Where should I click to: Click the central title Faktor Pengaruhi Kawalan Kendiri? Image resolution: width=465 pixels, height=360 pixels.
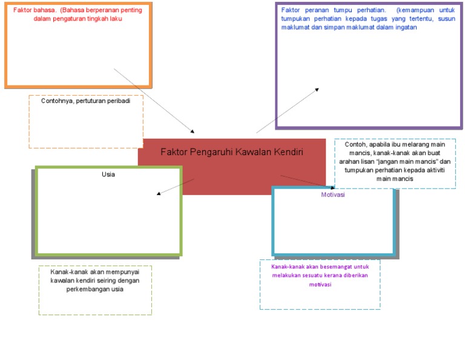(x=231, y=152)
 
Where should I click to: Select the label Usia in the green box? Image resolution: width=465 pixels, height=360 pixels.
(x=108, y=175)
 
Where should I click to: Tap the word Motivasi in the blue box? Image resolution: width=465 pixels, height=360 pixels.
(x=333, y=195)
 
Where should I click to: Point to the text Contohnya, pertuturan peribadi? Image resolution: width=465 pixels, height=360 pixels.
(x=85, y=101)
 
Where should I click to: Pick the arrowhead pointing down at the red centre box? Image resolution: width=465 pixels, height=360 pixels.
(x=193, y=131)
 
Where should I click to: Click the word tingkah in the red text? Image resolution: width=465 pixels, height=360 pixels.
(x=106, y=19)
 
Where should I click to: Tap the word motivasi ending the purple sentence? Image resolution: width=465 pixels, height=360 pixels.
(x=320, y=284)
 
